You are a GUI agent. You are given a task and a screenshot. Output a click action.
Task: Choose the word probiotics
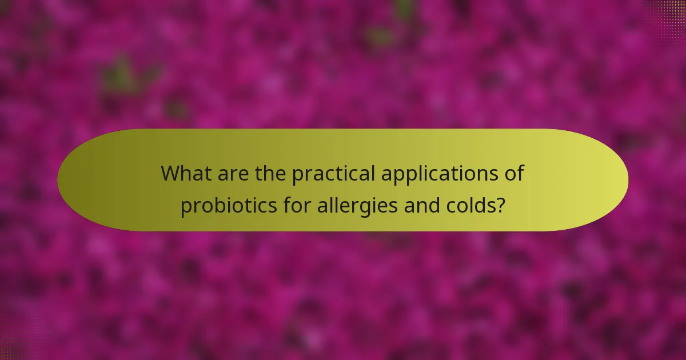click(227, 206)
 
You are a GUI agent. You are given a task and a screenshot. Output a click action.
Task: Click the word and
click(418, 205)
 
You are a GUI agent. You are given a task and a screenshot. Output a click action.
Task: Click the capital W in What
click(171, 173)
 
